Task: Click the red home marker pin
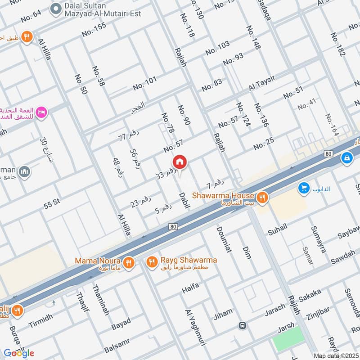pos(180,162)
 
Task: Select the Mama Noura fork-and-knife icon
pos(129,262)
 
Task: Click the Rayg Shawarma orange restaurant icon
pos(152,261)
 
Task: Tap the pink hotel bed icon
pos(41,111)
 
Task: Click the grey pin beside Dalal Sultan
pos(55,8)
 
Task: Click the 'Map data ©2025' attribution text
pos(335,355)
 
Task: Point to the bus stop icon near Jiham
pos(243,325)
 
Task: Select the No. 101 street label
pos(144,83)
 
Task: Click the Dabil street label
pos(184,200)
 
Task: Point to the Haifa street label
pos(190,288)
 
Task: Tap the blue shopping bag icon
pos(346,158)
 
